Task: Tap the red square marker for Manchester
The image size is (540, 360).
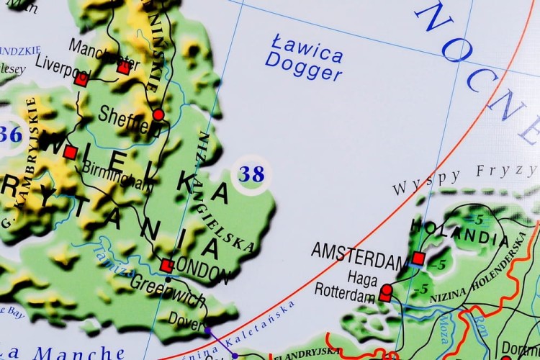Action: click(x=124, y=68)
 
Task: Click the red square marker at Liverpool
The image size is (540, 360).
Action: click(x=81, y=79)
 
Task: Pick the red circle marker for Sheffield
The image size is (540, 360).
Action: click(x=158, y=114)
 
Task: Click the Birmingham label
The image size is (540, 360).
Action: click(x=117, y=174)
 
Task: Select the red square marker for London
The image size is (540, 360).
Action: click(x=167, y=265)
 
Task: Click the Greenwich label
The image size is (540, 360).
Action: click(x=167, y=292)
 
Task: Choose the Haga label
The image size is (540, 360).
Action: click(x=362, y=276)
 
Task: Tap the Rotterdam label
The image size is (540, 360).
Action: click(x=345, y=292)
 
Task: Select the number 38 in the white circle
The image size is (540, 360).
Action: click(x=251, y=174)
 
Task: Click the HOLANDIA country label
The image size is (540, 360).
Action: click(x=460, y=231)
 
